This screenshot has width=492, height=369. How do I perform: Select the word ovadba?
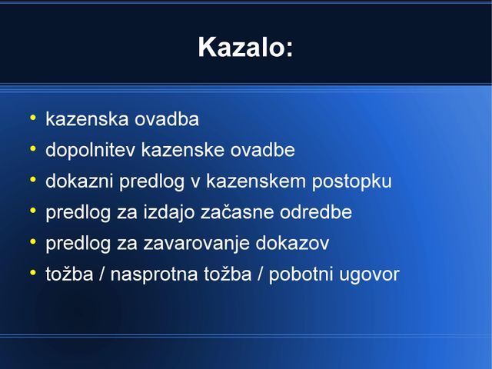click(x=167, y=119)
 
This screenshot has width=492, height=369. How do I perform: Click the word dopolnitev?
click(x=91, y=150)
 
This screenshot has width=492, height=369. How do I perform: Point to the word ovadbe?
click(x=263, y=150)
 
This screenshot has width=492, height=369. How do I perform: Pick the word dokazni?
click(x=79, y=181)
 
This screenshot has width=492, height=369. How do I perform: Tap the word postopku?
click(x=352, y=181)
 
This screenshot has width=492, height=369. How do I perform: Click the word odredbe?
click(x=316, y=212)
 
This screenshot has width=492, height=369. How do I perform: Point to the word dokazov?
click(x=292, y=243)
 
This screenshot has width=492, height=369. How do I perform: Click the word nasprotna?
click(x=154, y=274)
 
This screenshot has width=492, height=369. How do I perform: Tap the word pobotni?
click(x=301, y=274)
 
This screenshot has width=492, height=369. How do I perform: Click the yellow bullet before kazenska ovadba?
click(x=32, y=118)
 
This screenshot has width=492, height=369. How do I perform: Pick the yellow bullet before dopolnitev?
click(x=32, y=148)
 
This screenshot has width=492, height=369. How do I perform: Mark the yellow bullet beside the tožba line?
click(x=32, y=273)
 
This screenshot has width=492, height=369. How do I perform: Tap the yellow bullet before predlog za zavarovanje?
click(x=32, y=242)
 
